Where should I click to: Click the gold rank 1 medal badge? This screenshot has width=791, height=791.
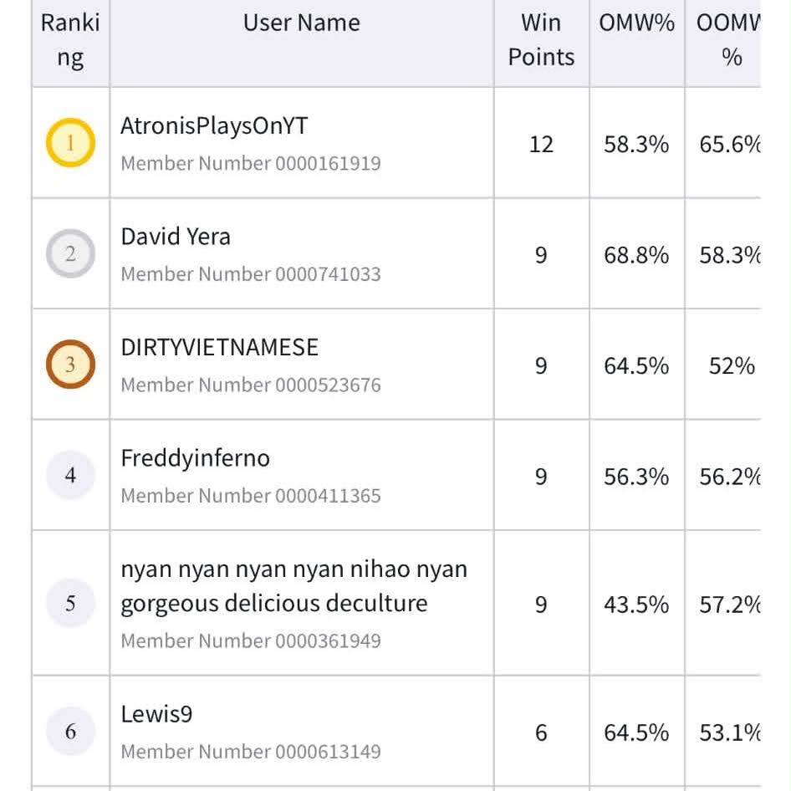[x=70, y=143]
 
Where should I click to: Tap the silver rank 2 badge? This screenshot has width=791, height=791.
[x=70, y=253]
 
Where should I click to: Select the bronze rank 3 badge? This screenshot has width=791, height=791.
[x=70, y=365]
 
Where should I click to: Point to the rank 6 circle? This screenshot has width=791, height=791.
[x=70, y=731]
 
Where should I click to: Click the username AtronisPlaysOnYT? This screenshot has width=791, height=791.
[x=214, y=126]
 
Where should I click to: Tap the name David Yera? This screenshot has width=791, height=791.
[x=176, y=237]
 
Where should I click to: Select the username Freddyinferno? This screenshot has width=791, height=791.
[x=195, y=458]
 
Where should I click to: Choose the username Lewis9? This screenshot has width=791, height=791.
[x=156, y=714]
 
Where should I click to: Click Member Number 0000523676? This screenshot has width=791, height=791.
[x=251, y=385]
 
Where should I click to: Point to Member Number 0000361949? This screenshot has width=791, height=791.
[x=251, y=640]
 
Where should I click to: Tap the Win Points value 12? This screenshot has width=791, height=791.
[x=541, y=145]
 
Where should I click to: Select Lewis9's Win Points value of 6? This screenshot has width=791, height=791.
[x=541, y=732]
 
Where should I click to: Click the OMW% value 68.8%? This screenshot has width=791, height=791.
[x=636, y=255]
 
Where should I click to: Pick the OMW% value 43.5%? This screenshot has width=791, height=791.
[x=636, y=605]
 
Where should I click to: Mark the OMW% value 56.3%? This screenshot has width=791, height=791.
[x=636, y=477]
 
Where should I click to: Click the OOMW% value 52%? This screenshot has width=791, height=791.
[x=732, y=365]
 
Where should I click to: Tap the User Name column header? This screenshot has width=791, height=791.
[x=302, y=23]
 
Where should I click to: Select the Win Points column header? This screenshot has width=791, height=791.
[x=541, y=40]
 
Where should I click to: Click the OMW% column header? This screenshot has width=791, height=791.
[x=636, y=23]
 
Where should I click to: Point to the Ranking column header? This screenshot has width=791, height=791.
[x=70, y=40]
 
